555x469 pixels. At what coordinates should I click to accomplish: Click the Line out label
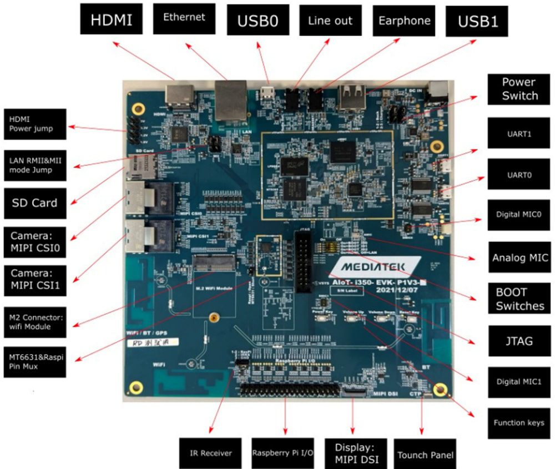[330, 21]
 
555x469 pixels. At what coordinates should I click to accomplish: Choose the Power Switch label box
[519, 89]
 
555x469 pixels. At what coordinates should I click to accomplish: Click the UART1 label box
[519, 133]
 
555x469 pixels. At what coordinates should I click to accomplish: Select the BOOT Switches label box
[519, 299]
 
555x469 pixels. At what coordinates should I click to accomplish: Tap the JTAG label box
[519, 341]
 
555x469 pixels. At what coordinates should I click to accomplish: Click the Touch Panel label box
[426, 455]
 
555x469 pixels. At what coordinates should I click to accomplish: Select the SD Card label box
[35, 203]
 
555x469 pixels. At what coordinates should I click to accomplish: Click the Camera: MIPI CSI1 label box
[35, 280]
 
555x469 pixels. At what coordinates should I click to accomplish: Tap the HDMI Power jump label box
[35, 124]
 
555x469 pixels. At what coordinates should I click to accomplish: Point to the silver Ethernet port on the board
[231, 100]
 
